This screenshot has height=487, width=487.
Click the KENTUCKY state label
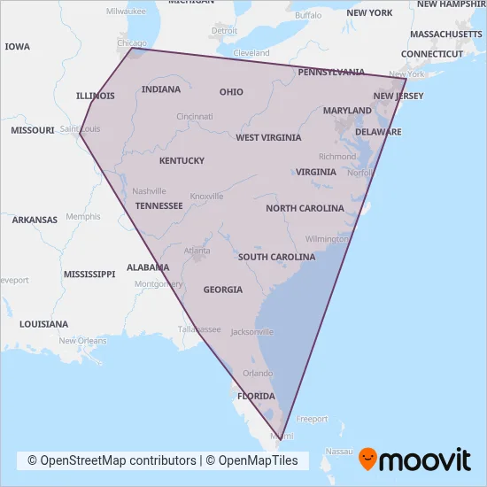point(182,160)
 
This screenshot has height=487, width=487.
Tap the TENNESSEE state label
point(158,205)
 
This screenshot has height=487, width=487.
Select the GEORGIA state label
point(222,290)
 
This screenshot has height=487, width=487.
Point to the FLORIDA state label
point(255,396)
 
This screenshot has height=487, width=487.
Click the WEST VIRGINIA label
point(268,137)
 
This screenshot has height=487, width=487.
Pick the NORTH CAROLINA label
point(305,208)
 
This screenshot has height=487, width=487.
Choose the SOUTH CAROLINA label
point(276,257)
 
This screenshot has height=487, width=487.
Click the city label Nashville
point(149,191)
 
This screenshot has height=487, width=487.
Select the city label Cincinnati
point(194,117)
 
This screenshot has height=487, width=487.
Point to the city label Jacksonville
point(251,332)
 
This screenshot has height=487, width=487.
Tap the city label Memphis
point(83,216)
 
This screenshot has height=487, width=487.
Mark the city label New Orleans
point(82,341)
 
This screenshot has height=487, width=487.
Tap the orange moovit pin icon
point(367,460)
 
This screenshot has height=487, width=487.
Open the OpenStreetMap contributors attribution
point(112,460)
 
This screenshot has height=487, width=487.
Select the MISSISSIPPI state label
point(89,274)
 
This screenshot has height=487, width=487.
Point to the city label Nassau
point(338,451)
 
